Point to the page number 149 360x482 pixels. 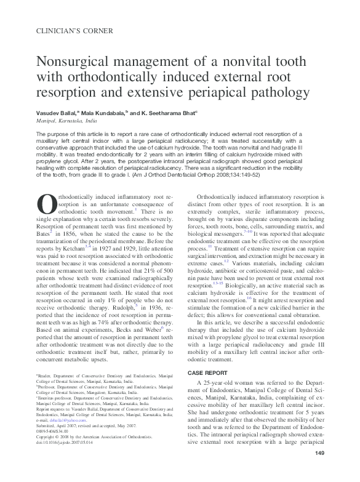[319, 471]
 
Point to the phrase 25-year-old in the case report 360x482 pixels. [225, 384]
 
